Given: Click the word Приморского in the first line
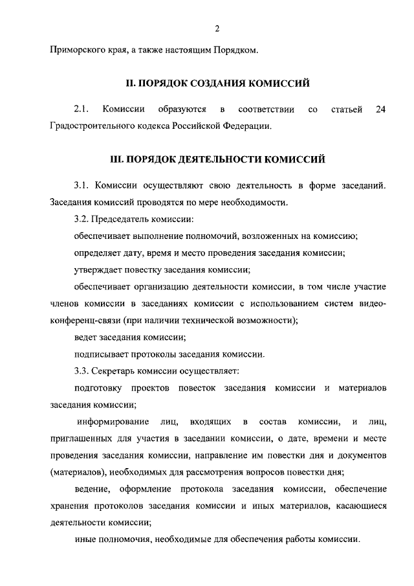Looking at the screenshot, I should coord(76,50).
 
